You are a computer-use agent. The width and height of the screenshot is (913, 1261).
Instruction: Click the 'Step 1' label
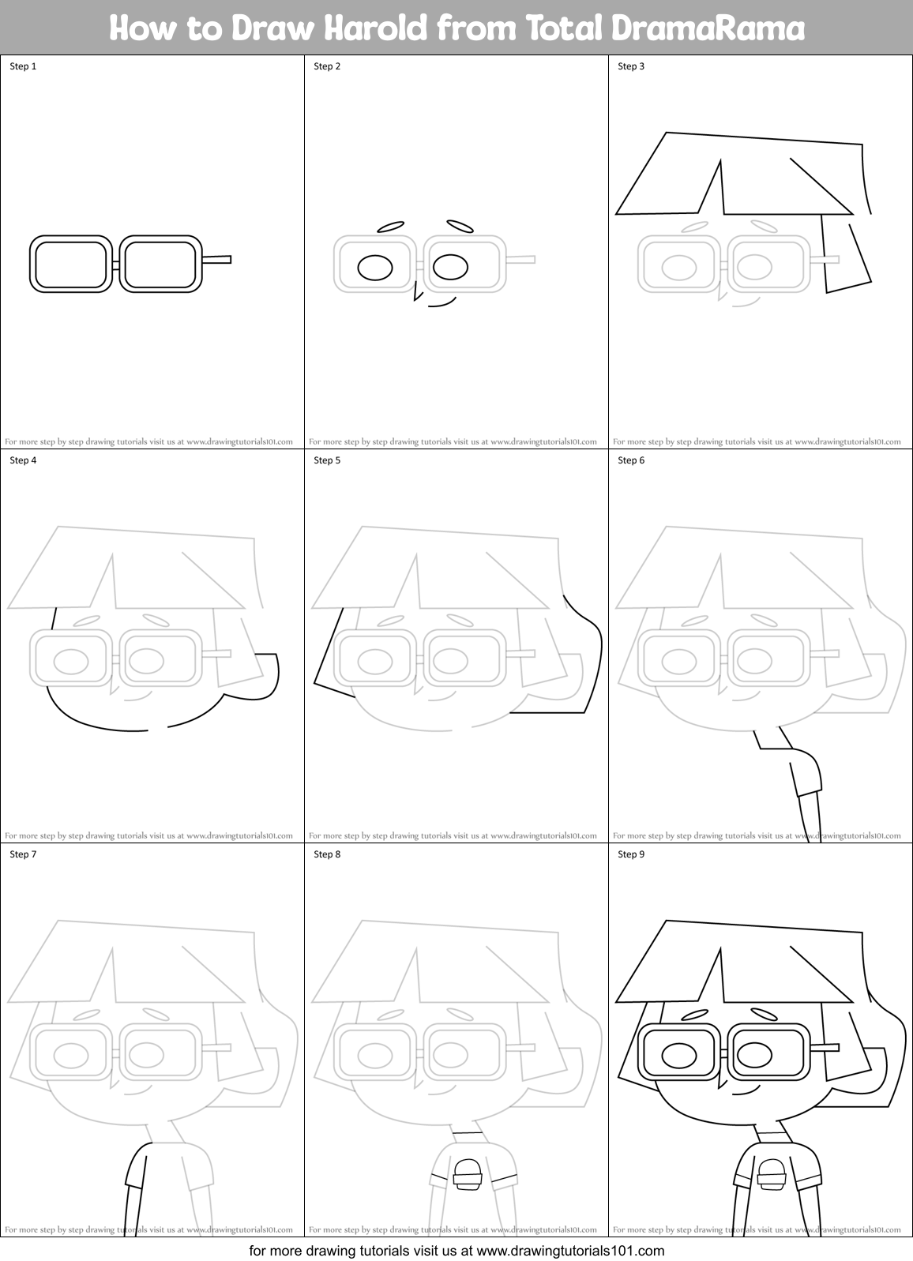pyautogui.click(x=23, y=66)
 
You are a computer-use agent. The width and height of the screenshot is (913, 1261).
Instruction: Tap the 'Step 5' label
pyautogui.click(x=327, y=460)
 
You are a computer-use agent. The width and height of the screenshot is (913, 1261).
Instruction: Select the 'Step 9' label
pyautogui.click(x=631, y=854)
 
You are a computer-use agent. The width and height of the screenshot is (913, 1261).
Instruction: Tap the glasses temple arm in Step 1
pyautogui.click(x=216, y=259)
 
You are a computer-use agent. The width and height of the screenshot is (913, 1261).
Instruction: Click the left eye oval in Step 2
pyautogui.click(x=375, y=268)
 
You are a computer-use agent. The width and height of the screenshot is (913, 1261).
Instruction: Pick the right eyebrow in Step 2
pyautogui.click(x=460, y=227)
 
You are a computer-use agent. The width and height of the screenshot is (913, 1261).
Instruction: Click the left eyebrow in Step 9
pyautogui.click(x=693, y=1015)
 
